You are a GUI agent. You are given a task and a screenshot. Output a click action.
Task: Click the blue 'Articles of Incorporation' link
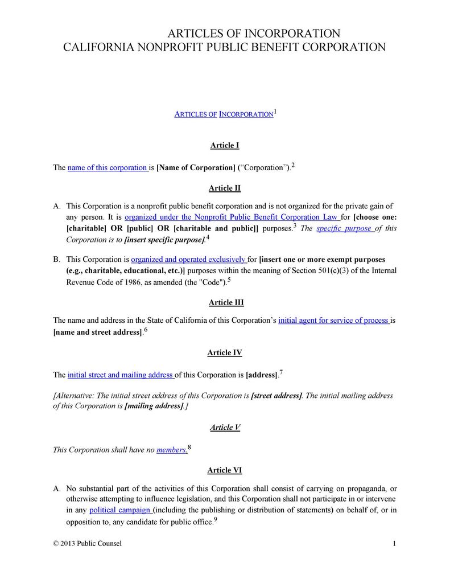(223, 114)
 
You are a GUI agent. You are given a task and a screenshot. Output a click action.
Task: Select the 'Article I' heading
(225, 145)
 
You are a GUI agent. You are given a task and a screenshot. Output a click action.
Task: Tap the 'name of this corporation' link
(108, 167)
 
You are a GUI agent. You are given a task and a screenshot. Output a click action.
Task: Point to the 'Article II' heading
(225, 188)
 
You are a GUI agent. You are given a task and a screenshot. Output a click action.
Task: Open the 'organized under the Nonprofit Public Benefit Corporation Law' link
(232, 217)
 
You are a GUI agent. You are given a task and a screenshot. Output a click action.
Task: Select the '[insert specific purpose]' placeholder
(164, 240)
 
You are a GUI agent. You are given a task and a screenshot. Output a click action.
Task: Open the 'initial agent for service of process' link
(333, 321)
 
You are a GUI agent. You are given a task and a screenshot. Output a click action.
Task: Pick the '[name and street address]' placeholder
(97, 332)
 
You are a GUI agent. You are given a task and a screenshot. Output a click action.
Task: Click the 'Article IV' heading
(225, 352)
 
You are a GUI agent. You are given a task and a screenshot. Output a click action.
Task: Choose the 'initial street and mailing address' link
(121, 375)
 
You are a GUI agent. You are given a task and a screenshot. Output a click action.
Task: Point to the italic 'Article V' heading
(225, 427)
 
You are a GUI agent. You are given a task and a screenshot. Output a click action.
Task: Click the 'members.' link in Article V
(171, 450)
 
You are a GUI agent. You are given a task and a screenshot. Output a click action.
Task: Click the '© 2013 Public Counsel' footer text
(87, 543)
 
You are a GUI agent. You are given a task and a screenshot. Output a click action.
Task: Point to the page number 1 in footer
(394, 543)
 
